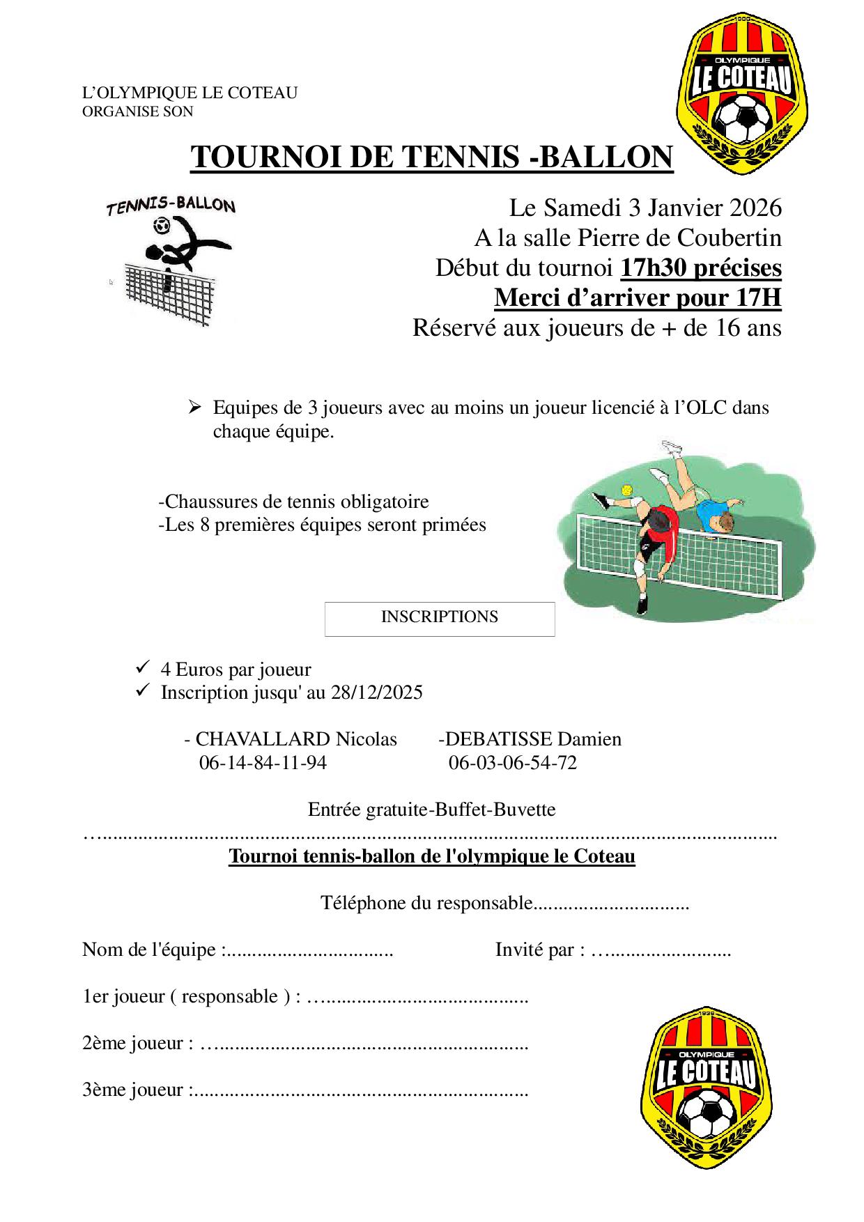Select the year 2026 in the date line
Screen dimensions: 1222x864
coord(755,208)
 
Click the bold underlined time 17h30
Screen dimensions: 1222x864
coord(656,268)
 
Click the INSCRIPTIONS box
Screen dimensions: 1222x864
coord(440,619)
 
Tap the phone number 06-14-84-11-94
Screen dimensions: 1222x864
coord(263,763)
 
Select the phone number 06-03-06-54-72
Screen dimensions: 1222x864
coord(513,763)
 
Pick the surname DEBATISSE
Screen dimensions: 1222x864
coord(499,739)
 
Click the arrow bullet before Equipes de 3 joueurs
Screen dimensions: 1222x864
coord(195,407)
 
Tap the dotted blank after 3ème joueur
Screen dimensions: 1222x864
coord(359,1090)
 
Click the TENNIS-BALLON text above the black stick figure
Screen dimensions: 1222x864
coord(171,206)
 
